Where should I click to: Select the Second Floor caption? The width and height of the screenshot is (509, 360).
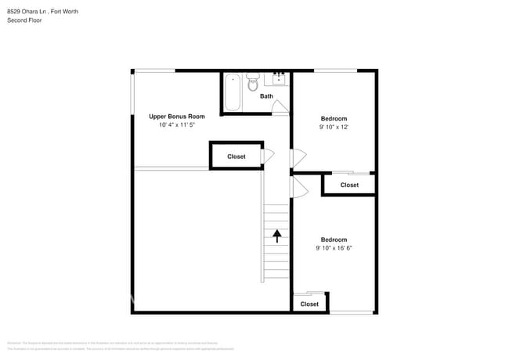click(x=24, y=20)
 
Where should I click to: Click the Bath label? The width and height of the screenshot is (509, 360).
click(x=267, y=96)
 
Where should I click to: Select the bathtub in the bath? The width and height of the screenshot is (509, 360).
click(x=233, y=92)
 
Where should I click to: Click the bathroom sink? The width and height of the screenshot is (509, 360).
click(x=279, y=78)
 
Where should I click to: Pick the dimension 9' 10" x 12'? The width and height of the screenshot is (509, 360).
click(x=334, y=127)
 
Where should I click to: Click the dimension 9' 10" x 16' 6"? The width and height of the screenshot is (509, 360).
click(x=334, y=248)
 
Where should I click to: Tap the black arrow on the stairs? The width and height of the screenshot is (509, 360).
click(x=276, y=234)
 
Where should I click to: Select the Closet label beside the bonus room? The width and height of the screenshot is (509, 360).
click(x=236, y=157)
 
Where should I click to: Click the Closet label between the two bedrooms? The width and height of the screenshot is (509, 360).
click(x=349, y=185)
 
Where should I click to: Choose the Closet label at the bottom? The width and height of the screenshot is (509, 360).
click(x=309, y=304)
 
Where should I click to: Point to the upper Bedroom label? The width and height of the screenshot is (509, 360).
click(x=334, y=118)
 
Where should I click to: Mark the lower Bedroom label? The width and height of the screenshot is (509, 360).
click(x=334, y=239)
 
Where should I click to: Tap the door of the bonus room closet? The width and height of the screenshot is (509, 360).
click(x=267, y=156)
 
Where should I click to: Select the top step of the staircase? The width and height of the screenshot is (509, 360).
click(x=276, y=207)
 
